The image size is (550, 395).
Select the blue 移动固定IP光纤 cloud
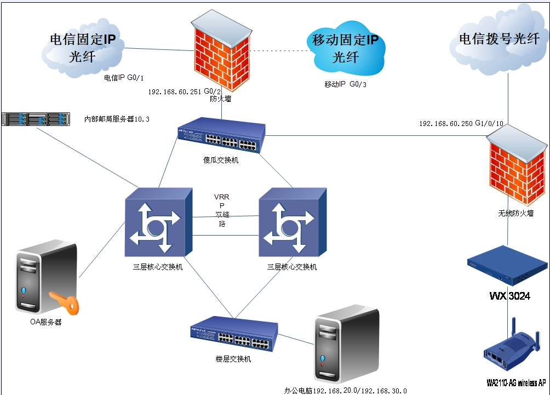pyautogui.click(x=345, y=48)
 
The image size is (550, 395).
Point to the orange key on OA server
pyautogui.click(x=62, y=302)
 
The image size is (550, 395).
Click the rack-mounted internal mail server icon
pyautogui.click(x=37, y=118)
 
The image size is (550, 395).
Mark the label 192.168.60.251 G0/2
pyautogui.click(x=185, y=91)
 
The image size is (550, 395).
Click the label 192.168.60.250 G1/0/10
pyautogui.click(x=461, y=124)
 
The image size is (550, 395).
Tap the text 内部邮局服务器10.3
pyautogui.click(x=117, y=119)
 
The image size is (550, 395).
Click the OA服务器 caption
pyautogui.click(x=45, y=322)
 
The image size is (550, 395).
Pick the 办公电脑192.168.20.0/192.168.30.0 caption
pyautogui.click(x=345, y=391)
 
